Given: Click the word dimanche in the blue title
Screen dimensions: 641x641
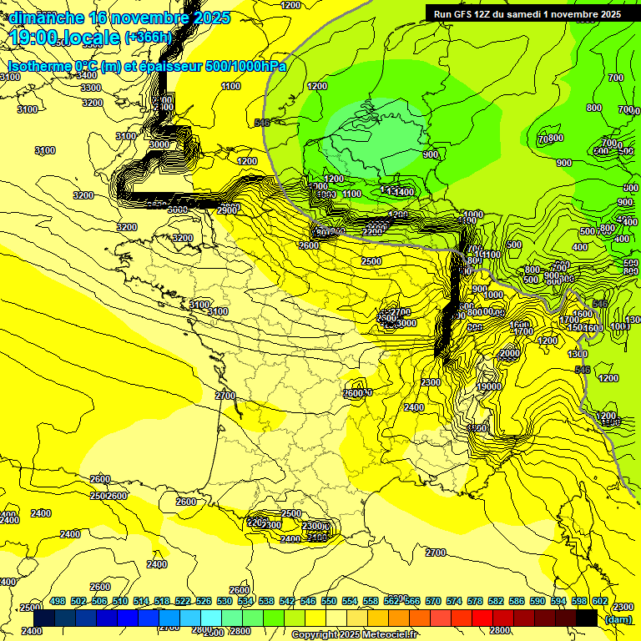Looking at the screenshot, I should click(x=46, y=18).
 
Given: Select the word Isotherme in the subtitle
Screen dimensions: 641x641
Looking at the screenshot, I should click(x=38, y=65).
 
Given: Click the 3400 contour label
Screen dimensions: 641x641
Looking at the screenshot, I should click(x=86, y=75).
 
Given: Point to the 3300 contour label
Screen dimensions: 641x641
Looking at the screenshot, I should click(x=91, y=88).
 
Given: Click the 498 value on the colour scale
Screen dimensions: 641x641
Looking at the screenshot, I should click(x=58, y=602).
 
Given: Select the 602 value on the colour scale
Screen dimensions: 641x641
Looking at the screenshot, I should click(x=600, y=602).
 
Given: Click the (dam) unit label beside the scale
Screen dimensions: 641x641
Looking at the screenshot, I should click(x=618, y=618).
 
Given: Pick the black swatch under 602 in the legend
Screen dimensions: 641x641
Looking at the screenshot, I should click(x=587, y=618).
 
